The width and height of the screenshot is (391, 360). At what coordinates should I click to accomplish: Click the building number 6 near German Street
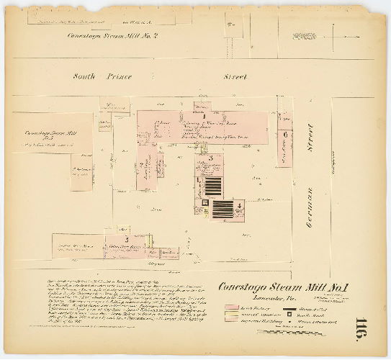point(286,134)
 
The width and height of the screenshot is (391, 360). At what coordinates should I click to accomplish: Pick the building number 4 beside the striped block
point(239,204)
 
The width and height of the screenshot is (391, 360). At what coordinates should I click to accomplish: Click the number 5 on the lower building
point(127,238)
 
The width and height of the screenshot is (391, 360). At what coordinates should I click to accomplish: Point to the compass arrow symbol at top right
point(305,35)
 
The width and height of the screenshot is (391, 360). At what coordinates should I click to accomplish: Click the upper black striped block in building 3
point(212,186)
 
